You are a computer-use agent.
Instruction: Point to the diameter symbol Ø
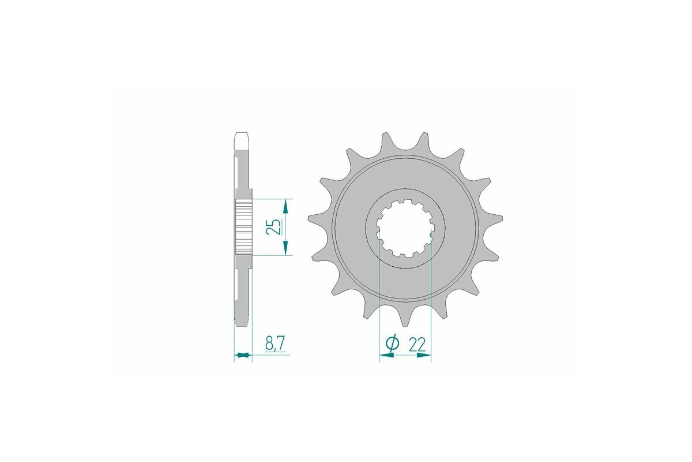pyautogui.click(x=391, y=344)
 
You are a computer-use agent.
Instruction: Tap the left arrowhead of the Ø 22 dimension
pyautogui.click(x=385, y=356)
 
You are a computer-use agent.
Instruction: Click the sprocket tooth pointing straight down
pyautogui.click(x=405, y=319)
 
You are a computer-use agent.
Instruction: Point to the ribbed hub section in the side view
pyautogui.click(x=243, y=227)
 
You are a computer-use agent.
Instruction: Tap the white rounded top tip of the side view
pyautogui.click(x=242, y=139)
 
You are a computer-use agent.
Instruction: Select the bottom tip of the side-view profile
pyautogui.click(x=242, y=317)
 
